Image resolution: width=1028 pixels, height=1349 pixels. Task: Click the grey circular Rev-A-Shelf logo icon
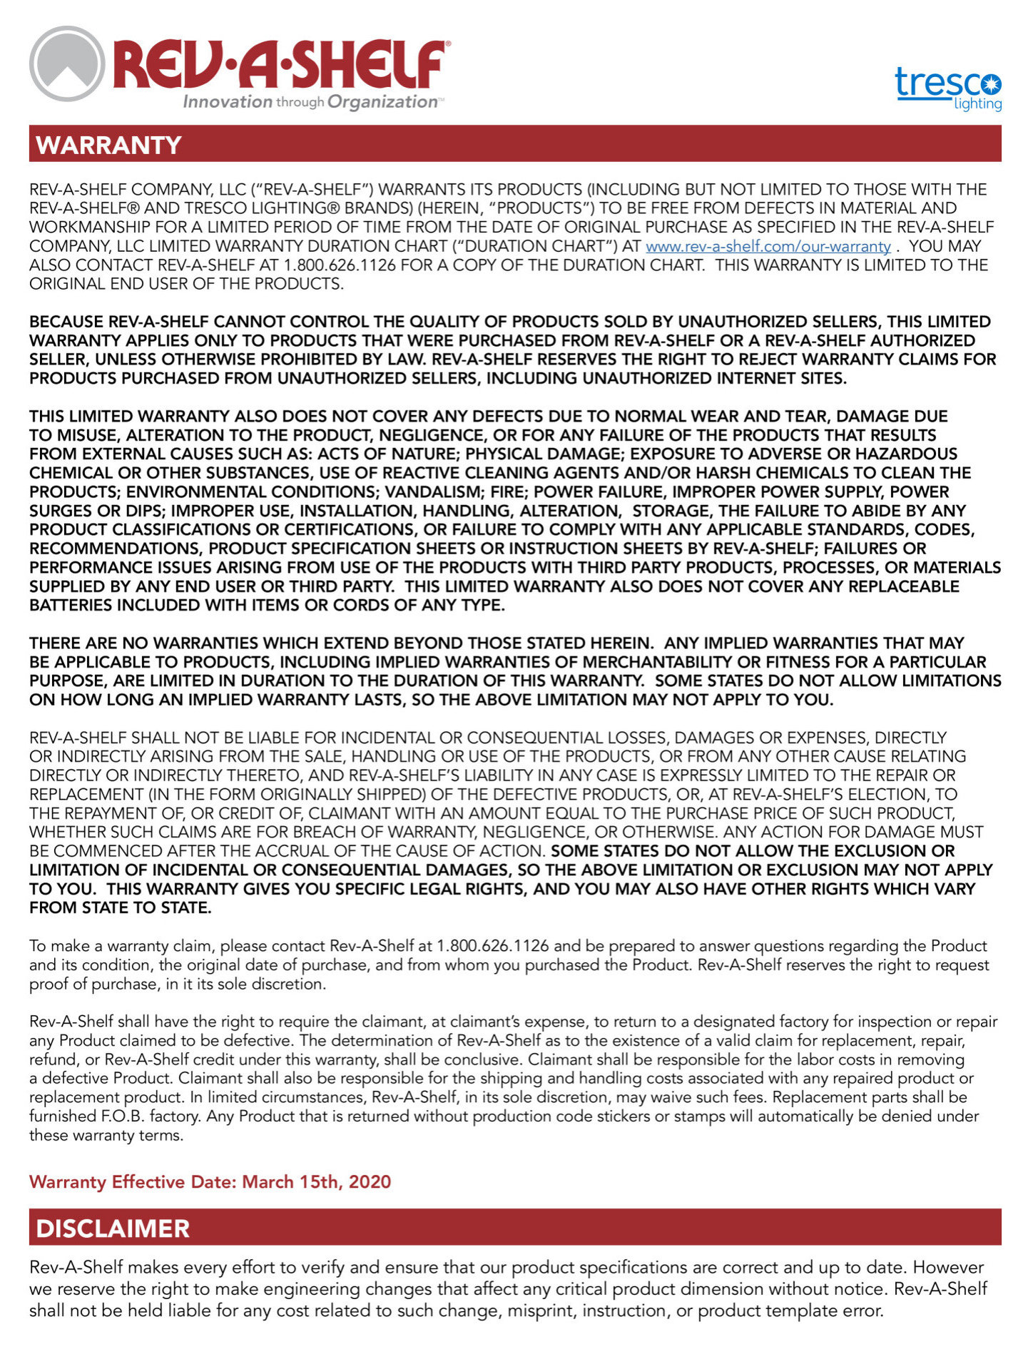(x=67, y=63)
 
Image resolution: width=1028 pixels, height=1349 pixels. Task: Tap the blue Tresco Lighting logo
(x=948, y=88)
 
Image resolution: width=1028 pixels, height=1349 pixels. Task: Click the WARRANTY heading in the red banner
(x=108, y=145)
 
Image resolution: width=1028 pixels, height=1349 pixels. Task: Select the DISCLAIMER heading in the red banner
(x=113, y=1228)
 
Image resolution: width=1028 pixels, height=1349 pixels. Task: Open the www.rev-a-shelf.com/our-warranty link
(x=768, y=246)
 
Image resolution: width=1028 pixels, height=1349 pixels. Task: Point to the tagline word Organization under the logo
(x=382, y=102)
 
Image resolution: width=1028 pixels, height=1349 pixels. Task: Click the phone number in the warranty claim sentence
(x=492, y=946)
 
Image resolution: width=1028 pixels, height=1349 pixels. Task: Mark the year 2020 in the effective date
(x=370, y=1182)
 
